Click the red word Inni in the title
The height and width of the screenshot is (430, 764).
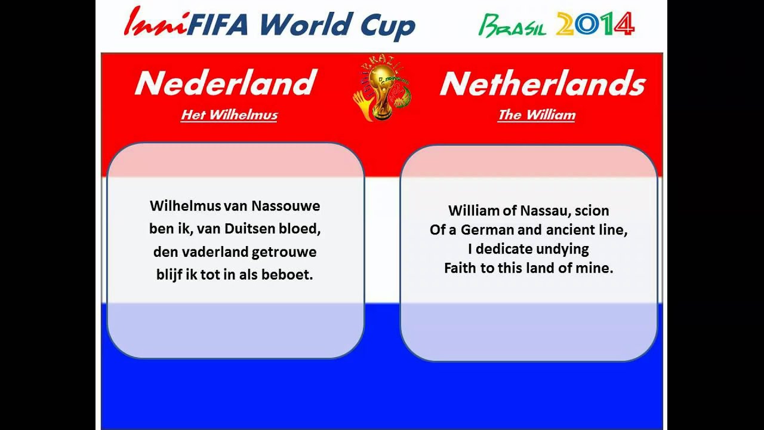(155, 23)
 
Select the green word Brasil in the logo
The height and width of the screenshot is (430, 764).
(512, 25)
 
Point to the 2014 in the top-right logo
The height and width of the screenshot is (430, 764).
(594, 24)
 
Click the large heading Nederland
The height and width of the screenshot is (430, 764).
(225, 84)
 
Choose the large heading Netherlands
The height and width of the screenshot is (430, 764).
(543, 84)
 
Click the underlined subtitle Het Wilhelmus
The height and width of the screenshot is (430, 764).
(229, 115)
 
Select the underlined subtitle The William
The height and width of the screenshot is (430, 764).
(537, 115)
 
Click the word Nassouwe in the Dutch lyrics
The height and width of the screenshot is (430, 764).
(286, 206)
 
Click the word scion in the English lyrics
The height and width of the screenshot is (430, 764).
(592, 211)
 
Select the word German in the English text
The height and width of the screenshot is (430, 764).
(484, 230)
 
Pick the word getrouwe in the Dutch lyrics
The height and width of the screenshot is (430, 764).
(284, 252)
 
